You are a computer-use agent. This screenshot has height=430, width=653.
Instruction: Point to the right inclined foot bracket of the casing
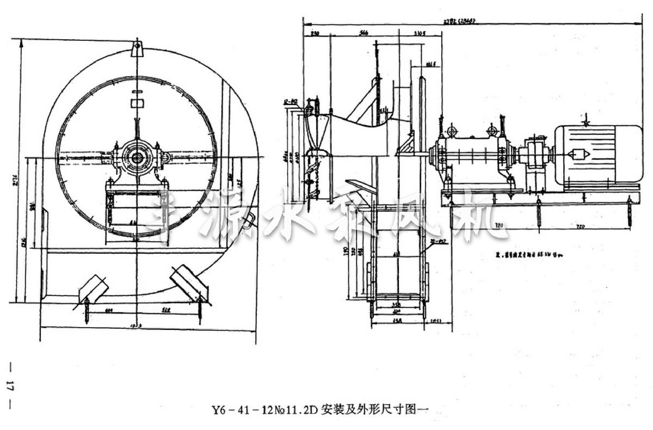tap(188, 281)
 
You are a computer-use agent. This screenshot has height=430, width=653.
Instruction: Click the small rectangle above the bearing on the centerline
tap(137, 102)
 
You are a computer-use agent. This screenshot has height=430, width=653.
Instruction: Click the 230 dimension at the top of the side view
tap(315, 34)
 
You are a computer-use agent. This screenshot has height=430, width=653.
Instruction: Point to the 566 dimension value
tap(364, 34)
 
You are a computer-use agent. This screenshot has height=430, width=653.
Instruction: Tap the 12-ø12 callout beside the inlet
tap(291, 101)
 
